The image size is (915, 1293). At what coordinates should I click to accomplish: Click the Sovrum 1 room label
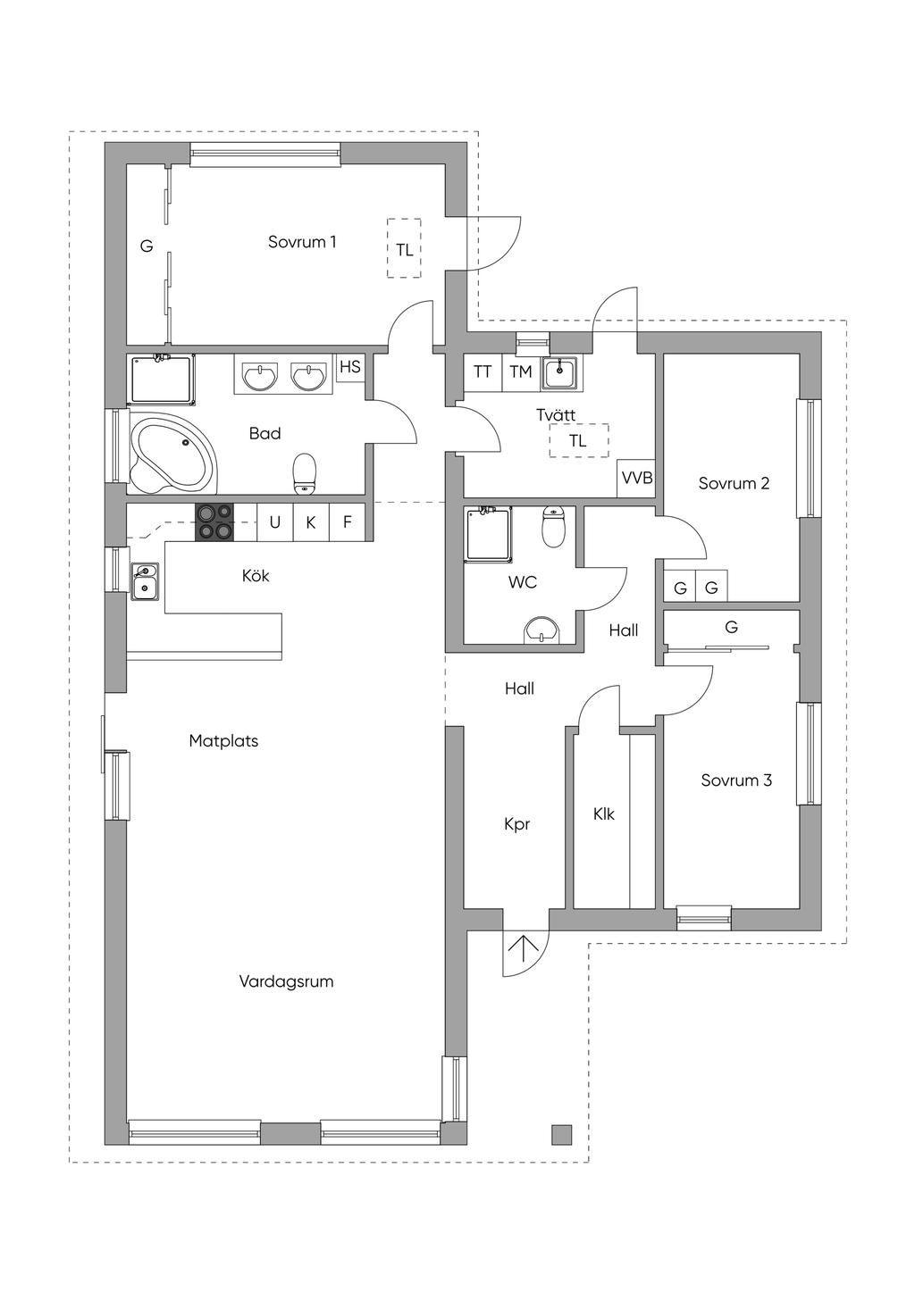pyautogui.click(x=301, y=242)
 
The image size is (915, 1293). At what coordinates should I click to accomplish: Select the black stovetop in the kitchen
pyautogui.click(x=214, y=522)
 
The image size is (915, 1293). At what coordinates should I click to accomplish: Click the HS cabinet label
pyautogui.click(x=350, y=366)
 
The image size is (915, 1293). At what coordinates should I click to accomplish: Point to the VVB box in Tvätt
pyautogui.click(x=636, y=478)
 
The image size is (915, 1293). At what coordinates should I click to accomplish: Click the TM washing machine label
pyautogui.click(x=520, y=371)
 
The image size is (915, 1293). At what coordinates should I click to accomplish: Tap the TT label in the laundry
pyautogui.click(x=483, y=371)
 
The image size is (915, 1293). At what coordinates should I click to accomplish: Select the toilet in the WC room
pyautogui.click(x=553, y=527)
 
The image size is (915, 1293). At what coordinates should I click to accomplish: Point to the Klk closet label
pyautogui.click(x=604, y=813)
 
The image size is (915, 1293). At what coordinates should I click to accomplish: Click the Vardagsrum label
pyautogui.click(x=286, y=981)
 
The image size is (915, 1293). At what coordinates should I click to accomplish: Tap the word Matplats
pyautogui.click(x=223, y=741)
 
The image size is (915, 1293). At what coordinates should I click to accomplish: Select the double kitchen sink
pyautogui.click(x=145, y=580)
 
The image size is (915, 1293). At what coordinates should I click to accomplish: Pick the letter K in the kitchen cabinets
pyautogui.click(x=311, y=522)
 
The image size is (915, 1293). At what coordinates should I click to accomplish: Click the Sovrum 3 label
pyautogui.click(x=736, y=780)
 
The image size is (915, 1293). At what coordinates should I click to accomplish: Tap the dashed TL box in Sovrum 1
pyautogui.click(x=405, y=248)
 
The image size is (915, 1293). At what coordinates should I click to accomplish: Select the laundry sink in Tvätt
pyautogui.click(x=558, y=371)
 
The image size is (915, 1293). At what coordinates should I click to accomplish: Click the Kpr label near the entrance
pyautogui.click(x=517, y=825)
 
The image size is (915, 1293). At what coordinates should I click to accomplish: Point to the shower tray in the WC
pyautogui.click(x=489, y=533)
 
